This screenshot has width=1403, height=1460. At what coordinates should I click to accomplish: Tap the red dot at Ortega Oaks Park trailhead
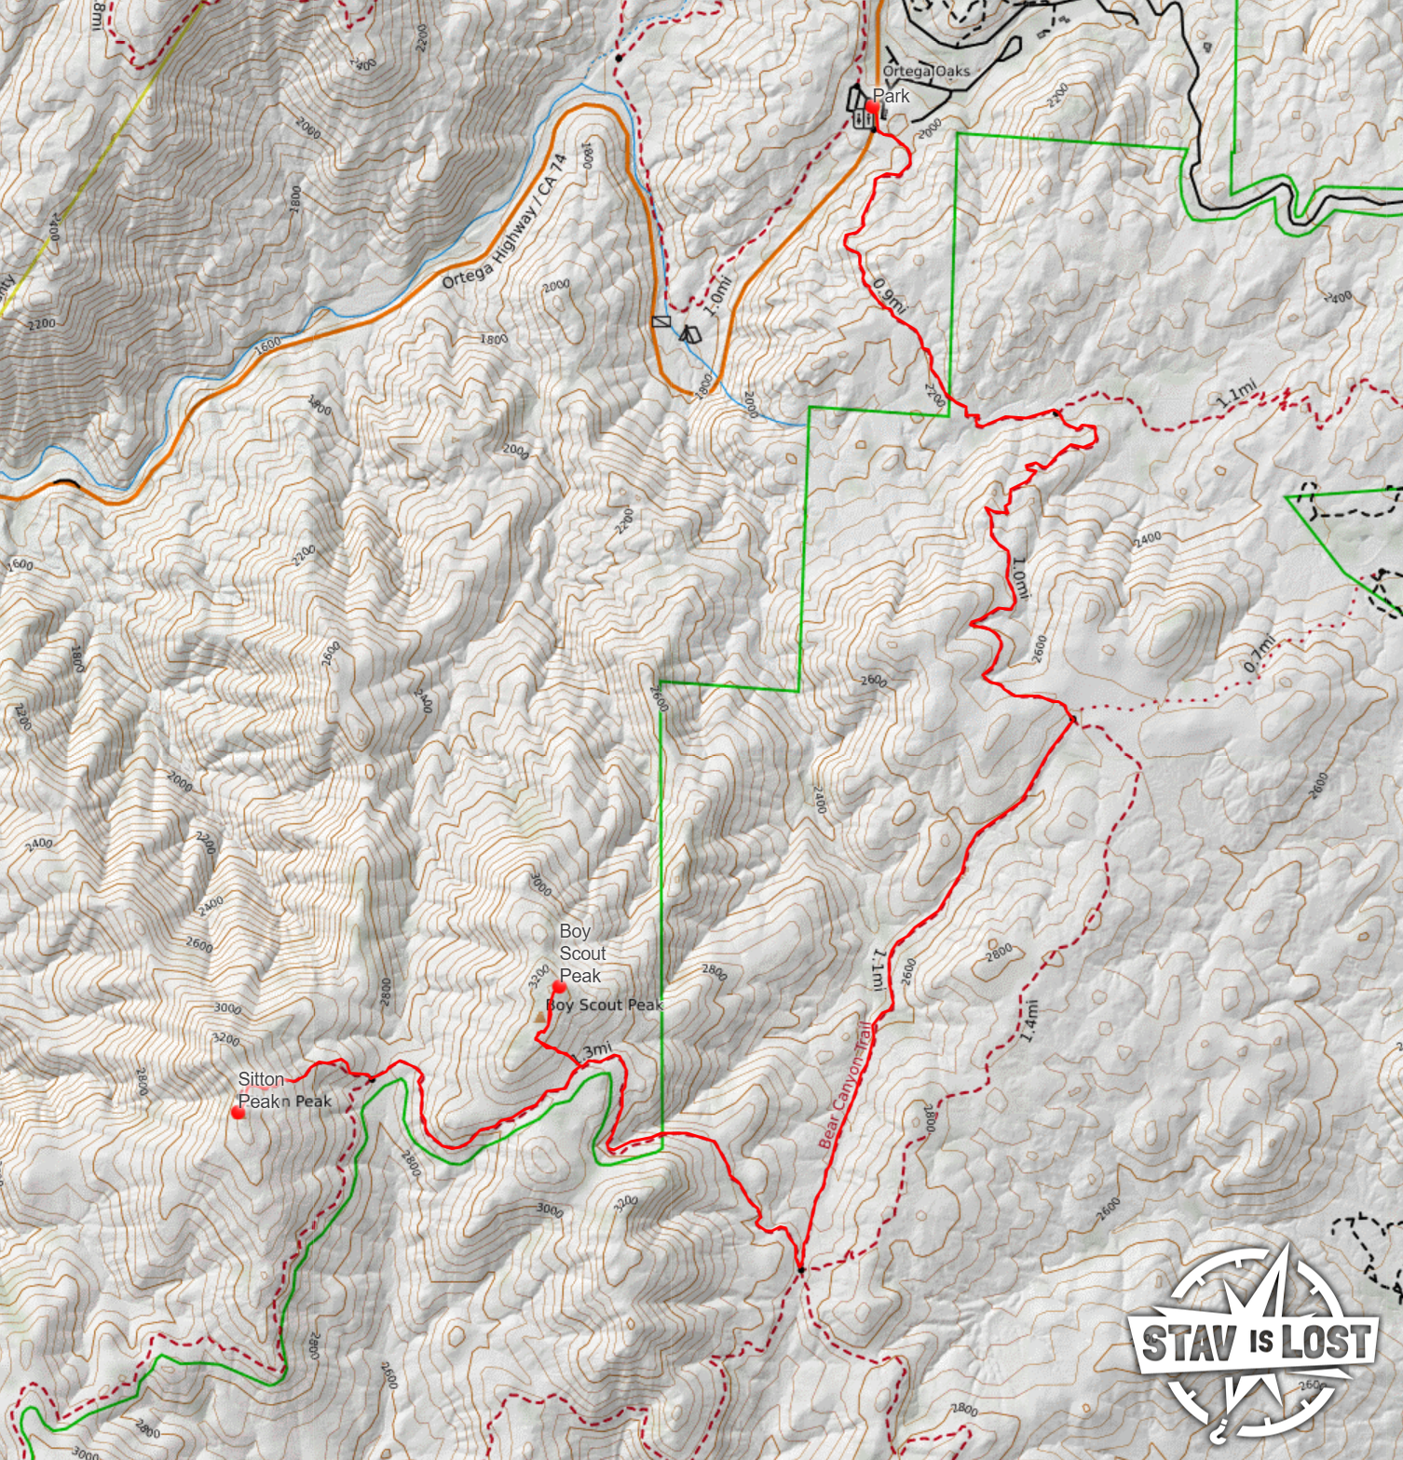(872, 108)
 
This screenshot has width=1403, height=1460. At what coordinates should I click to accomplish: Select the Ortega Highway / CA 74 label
(504, 222)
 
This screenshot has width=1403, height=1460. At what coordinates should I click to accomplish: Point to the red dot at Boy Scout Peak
(559, 987)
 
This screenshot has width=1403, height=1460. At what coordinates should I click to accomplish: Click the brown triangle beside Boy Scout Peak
(540, 1018)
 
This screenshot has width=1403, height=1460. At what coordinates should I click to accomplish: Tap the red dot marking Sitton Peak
(238, 1112)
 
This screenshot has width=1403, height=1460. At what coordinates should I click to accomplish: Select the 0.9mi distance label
(889, 296)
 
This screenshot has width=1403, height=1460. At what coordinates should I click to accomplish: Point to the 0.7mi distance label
(1259, 654)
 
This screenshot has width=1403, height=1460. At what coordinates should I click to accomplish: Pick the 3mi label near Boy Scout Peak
(596, 1050)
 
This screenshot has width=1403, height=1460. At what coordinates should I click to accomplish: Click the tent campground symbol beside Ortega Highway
(689, 333)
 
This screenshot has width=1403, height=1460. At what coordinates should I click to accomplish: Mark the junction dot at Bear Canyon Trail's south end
(800, 1269)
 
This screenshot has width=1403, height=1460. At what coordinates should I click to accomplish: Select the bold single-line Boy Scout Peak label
(605, 1006)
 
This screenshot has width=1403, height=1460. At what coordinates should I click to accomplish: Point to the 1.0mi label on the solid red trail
(1020, 577)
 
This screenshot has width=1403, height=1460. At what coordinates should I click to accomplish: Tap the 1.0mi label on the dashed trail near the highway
(718, 296)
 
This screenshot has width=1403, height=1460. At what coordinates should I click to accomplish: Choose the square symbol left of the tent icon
(661, 321)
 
